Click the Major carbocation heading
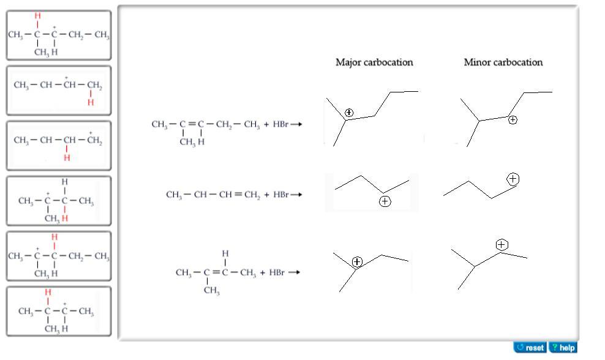(374, 62)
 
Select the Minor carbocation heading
(503, 62)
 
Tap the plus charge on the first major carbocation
(349, 113)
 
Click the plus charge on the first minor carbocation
(513, 120)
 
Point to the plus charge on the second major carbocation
(385, 201)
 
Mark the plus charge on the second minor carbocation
(513, 179)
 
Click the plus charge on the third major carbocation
(358, 262)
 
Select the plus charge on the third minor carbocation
(502, 245)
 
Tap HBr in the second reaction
(280, 195)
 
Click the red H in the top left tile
(37, 16)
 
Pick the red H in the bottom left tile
(48, 293)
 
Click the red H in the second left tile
(91, 103)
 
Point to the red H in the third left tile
(67, 158)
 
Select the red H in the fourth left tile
(65, 218)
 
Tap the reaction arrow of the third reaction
(294, 272)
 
